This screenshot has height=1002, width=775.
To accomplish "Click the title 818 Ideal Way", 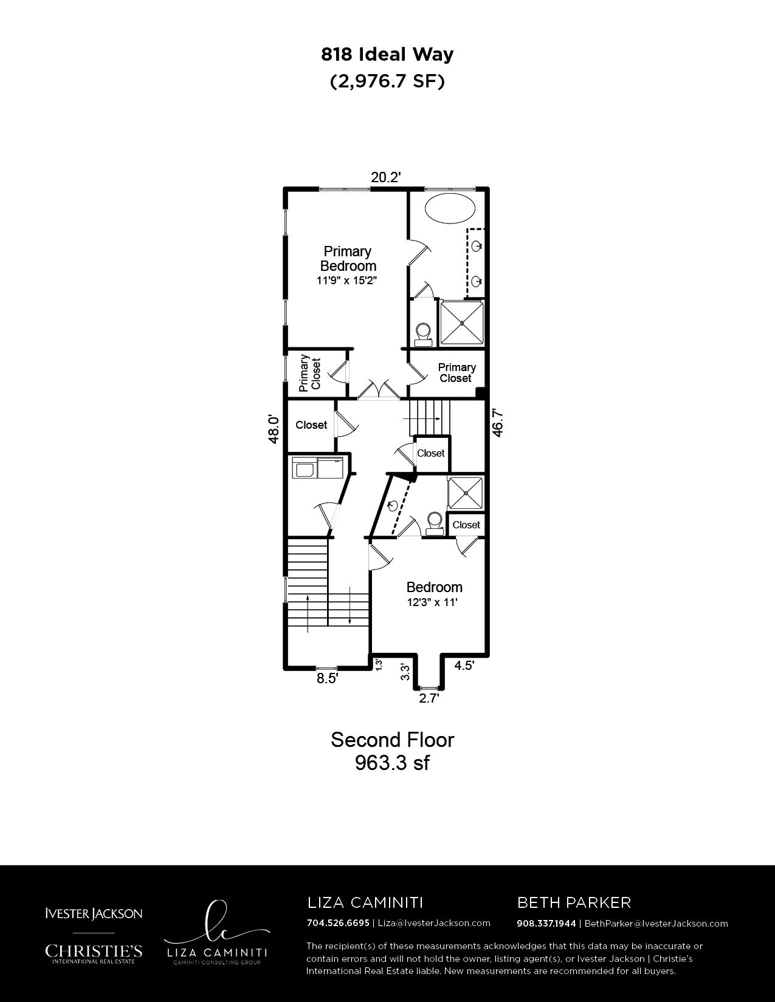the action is tap(387, 55).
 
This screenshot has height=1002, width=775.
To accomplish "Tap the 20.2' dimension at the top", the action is tap(386, 177).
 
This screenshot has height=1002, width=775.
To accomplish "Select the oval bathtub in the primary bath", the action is tap(450, 210).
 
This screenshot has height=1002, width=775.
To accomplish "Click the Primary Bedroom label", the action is tap(348, 259).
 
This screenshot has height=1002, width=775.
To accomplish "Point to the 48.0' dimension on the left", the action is tap(274, 429).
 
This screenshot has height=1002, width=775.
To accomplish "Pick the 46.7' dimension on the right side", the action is tap(497, 423).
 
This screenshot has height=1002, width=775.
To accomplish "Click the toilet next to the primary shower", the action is tap(423, 335).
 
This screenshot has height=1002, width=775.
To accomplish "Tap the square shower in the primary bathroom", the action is tap(461, 323).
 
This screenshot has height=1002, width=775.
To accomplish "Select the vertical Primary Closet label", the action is tap(310, 373).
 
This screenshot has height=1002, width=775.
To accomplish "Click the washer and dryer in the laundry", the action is tap(317, 468).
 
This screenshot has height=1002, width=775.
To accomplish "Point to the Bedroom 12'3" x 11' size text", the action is tap(432, 602).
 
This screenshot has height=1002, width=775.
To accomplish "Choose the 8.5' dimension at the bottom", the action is tap(327, 678).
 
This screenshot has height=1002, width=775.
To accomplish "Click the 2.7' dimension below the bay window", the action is tap(429, 698).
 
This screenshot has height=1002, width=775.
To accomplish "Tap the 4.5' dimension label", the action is tap(464, 666).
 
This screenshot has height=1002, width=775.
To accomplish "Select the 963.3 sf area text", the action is tap(392, 763).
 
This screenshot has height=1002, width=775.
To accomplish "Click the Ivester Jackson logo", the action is tap(94, 913).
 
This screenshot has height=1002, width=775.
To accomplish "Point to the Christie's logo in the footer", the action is tap(94, 953).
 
